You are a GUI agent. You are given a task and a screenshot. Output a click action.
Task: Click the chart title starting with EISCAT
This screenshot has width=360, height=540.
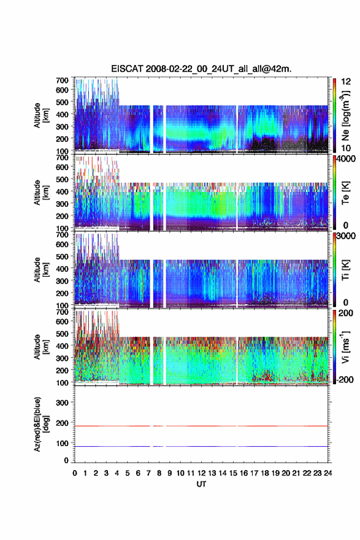(x=201, y=69)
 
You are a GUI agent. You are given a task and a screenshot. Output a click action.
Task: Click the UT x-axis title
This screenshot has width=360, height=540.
(x=201, y=484)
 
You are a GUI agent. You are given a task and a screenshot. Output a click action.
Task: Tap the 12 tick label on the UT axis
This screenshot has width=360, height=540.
(x=201, y=473)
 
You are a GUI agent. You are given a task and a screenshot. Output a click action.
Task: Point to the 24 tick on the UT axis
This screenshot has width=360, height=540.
(x=327, y=473)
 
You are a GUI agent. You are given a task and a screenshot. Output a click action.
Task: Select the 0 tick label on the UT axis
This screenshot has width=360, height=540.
(x=75, y=473)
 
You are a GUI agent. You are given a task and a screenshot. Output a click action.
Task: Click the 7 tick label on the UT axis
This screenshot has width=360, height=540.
(x=148, y=473)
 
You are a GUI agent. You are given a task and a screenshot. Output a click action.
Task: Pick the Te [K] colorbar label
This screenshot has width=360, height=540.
(x=345, y=193)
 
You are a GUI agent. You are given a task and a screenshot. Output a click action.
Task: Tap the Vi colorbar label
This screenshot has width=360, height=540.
(x=345, y=347)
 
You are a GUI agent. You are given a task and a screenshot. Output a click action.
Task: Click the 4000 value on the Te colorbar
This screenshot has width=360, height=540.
(x=346, y=159)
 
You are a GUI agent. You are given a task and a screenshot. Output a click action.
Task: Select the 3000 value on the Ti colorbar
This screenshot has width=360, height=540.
(x=346, y=236)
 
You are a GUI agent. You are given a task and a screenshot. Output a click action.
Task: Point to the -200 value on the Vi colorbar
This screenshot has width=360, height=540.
(x=345, y=379)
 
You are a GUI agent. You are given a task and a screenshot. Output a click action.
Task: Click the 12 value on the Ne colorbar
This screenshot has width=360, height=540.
(x=347, y=82)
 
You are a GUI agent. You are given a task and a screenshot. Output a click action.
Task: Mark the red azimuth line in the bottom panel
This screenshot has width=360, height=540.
(x=201, y=426)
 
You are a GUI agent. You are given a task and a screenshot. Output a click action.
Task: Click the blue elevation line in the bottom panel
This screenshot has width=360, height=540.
(x=201, y=446)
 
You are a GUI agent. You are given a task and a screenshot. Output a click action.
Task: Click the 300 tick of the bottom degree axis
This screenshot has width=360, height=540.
(x=63, y=403)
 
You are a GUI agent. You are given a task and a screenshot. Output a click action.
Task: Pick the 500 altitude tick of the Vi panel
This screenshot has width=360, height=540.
(x=63, y=334)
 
